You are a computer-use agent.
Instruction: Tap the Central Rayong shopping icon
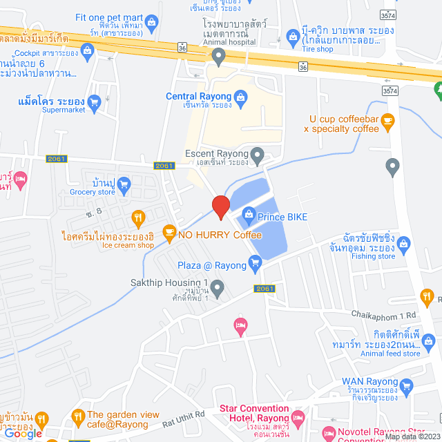coord(240,97)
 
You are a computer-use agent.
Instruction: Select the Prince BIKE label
coord(282,217)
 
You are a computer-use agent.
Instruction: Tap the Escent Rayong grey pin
coord(258,155)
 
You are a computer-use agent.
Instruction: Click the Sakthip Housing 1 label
coord(169,282)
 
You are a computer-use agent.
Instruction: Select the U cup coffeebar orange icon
coord(387,120)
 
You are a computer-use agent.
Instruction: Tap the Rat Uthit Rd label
coord(185,414)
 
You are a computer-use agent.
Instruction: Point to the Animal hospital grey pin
coord(218,55)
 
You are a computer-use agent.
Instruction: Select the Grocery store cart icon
coord(124,184)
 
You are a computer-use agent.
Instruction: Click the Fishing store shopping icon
coord(404,242)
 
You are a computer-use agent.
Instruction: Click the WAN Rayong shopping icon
coord(405,385)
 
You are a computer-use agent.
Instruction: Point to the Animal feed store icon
coord(429,341)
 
